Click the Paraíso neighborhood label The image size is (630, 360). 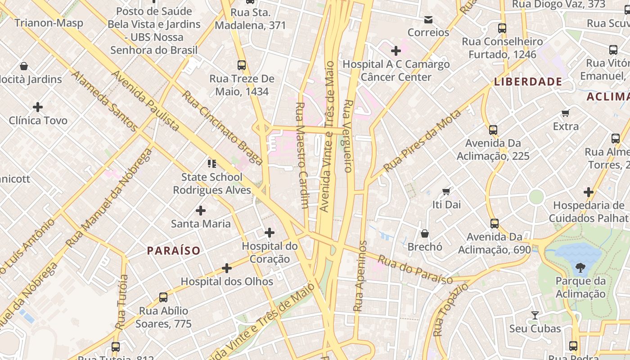tap(174, 251)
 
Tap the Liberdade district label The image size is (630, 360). tap(528, 81)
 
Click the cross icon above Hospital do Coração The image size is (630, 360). tap(270, 233)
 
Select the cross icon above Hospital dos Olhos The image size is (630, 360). tap(227, 268)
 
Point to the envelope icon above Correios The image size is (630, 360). tap(428, 19)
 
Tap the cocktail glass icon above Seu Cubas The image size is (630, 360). tap(535, 315)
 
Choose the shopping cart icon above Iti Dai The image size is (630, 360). tap(446, 192)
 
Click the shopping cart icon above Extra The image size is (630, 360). tap(566, 113)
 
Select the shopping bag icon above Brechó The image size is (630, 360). tap(424, 234)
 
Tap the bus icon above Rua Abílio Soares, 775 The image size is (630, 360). tap(163, 297)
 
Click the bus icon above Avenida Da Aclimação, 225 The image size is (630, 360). tap(493, 130)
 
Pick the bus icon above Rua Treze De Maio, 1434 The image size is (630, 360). tap(242, 65)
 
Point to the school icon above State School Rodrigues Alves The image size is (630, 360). tap(211, 163)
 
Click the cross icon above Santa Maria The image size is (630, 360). tap(201, 210)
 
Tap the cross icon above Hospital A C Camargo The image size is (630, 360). tap(396, 51)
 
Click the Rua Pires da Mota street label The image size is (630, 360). tap(422, 141)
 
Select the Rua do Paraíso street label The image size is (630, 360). tap(415, 270)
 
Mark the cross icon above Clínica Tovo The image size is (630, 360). tap(38, 107)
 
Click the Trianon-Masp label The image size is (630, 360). tap(49, 23)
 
